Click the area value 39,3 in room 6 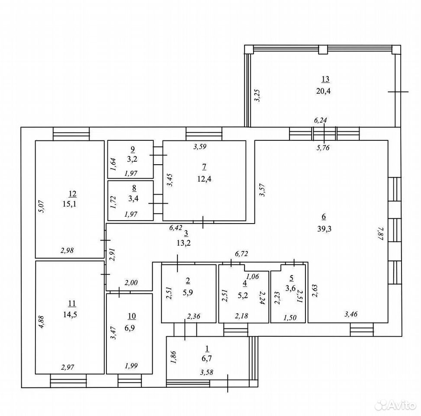click(x=325, y=229)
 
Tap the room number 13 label click(x=325, y=79)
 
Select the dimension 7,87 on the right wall click(x=381, y=234)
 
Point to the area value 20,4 click(x=323, y=91)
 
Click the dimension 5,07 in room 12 click(x=42, y=207)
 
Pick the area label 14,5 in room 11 click(x=70, y=314)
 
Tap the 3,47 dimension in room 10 click(x=113, y=333)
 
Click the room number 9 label click(x=132, y=149)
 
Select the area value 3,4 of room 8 click(x=133, y=199)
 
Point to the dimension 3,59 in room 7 click(x=200, y=147)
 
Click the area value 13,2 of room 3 click(x=183, y=243)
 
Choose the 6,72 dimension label click(x=241, y=253)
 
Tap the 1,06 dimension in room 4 click(x=252, y=276)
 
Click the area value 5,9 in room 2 click(x=188, y=292)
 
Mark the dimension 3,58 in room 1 click(x=206, y=372)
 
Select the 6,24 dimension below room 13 click(x=320, y=120)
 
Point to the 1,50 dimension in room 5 click(x=290, y=318)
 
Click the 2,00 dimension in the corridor click(x=131, y=283)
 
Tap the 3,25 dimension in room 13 click(x=257, y=95)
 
